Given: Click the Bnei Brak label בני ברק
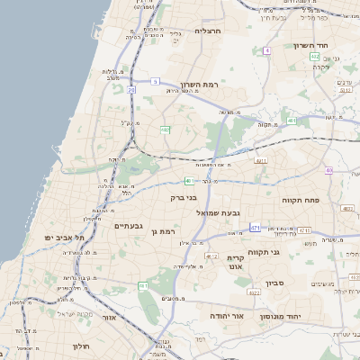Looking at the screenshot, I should click(x=183, y=197).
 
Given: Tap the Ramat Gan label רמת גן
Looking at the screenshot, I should click(x=163, y=231).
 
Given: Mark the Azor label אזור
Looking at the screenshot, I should click(x=109, y=318).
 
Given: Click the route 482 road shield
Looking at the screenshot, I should click(x=166, y=130).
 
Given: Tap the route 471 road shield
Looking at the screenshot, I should click(x=255, y=228).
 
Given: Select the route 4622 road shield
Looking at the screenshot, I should click(x=253, y=292).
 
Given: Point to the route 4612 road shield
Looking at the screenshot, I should click(x=211, y=256).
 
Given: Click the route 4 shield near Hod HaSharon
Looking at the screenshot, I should click(x=267, y=51).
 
